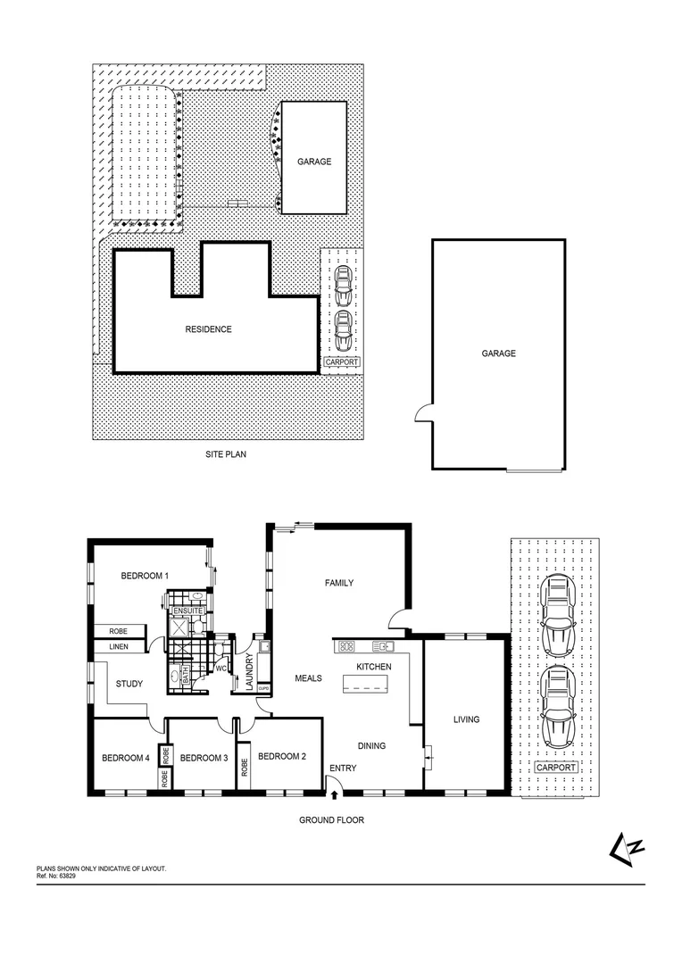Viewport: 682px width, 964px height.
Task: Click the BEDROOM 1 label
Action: [145, 576]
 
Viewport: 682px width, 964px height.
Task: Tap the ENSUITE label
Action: [187, 611]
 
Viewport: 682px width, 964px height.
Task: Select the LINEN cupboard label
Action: [119, 646]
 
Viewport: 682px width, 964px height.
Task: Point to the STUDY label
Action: [129, 685]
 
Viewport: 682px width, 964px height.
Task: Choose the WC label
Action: [220, 667]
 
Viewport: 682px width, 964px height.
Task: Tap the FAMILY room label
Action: [339, 583]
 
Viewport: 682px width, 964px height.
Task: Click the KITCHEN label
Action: [374, 667]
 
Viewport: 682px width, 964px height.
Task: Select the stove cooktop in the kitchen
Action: [347, 646]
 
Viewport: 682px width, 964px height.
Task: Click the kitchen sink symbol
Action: [385, 646]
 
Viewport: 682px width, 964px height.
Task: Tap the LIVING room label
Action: [466, 719]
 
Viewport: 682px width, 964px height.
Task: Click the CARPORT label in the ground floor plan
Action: [555, 768]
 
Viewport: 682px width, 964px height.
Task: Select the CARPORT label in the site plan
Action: [342, 361]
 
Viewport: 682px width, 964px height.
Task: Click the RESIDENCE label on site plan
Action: [208, 329]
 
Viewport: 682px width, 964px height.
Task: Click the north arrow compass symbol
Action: [630, 845]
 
